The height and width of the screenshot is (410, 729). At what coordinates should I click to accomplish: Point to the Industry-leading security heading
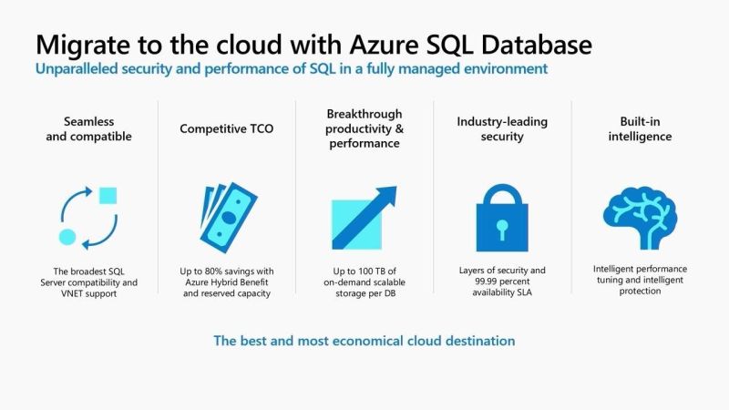click(502, 128)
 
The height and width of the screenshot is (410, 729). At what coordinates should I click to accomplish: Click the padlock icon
click(500, 218)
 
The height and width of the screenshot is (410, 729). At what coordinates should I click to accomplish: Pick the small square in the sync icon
click(108, 195)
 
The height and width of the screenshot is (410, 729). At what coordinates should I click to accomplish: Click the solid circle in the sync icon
click(67, 237)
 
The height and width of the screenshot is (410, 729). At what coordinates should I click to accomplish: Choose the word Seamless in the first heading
click(89, 120)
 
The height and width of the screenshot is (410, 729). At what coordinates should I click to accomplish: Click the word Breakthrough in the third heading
click(364, 113)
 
